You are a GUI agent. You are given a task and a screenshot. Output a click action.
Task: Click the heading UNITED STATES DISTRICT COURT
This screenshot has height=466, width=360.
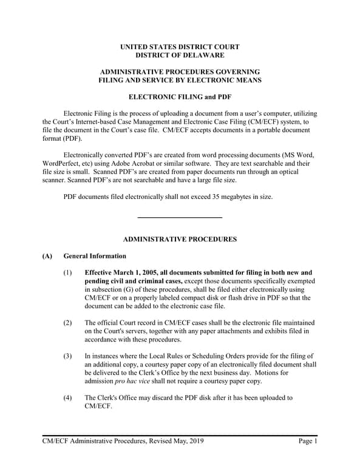click(x=180, y=47)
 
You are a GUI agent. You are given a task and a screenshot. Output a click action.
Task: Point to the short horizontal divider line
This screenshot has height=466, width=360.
click(x=180, y=217)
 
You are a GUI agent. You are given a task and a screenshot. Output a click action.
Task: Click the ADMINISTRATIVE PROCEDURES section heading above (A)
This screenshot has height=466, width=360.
click(x=180, y=240)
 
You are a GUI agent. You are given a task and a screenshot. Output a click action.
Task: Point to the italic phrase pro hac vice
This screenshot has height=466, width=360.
click(x=136, y=381)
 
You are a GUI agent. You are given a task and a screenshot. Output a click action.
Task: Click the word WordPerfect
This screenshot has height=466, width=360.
click(x=62, y=163)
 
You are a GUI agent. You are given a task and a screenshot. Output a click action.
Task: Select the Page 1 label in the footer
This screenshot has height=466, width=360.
click(x=308, y=441)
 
